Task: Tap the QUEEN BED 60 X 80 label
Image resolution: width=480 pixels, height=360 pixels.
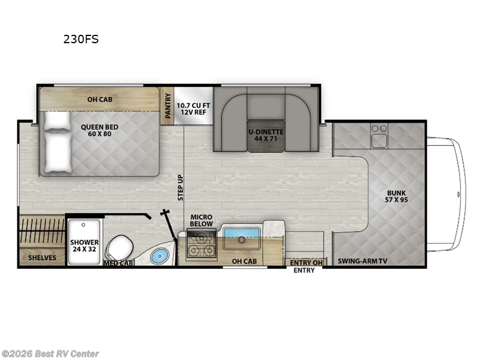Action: (x=100, y=130)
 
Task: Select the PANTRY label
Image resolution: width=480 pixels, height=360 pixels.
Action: (x=168, y=106)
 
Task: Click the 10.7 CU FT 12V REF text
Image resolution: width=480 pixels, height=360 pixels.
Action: (x=193, y=110)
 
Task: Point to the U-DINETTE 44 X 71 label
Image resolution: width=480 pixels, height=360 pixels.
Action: (x=266, y=134)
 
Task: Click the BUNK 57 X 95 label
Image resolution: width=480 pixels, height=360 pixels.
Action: (x=397, y=196)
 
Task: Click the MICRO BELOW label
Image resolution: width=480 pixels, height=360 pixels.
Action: (x=202, y=221)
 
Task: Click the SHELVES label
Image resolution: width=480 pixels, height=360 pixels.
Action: (x=42, y=258)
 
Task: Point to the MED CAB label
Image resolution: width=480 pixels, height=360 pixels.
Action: (x=118, y=263)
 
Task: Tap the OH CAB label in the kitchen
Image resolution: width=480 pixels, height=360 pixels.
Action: (x=244, y=261)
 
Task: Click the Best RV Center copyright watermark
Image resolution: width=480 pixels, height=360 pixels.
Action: (x=50, y=354)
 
